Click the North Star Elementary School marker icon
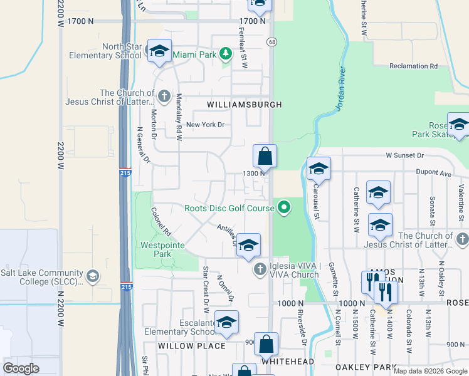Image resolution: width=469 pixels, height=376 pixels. pos(159,52)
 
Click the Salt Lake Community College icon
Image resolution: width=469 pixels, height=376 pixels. pos(92,276)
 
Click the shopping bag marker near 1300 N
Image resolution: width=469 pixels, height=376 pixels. pos(265,157)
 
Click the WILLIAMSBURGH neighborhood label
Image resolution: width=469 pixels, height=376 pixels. pos(241,104)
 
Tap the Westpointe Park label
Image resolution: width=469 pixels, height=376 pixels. pos(155,249)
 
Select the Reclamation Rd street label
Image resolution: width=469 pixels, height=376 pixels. pos(413,66)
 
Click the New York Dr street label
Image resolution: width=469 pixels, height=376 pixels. pos(204,125)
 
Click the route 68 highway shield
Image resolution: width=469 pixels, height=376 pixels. pos(271,42)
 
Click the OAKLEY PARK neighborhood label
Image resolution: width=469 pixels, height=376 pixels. pos(366,367)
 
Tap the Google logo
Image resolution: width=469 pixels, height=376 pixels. pos(21,368)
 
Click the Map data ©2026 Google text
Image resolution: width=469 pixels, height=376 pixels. pos(429,371)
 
